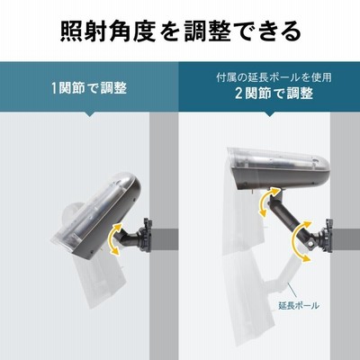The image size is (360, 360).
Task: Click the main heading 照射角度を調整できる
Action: click(x=181, y=31)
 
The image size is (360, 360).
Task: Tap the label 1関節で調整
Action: click(x=89, y=88)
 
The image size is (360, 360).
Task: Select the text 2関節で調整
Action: click(x=274, y=94)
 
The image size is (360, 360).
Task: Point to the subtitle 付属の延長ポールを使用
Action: click(x=274, y=77)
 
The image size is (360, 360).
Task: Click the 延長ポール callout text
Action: click(x=299, y=306)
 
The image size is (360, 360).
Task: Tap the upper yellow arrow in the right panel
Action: click(x=267, y=201)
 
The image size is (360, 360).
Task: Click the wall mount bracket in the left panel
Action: click(x=147, y=236)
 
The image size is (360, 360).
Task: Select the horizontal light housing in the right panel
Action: click(x=276, y=169)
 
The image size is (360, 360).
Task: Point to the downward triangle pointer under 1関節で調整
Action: click(x=89, y=114)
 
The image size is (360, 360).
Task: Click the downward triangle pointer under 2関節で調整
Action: click(x=268, y=114)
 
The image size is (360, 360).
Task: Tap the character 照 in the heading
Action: click(x=71, y=31)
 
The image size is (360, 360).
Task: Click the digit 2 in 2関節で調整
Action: click(x=238, y=94)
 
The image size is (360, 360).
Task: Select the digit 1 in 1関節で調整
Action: click(x=54, y=88)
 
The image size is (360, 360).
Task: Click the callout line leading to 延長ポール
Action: click(x=292, y=292)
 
